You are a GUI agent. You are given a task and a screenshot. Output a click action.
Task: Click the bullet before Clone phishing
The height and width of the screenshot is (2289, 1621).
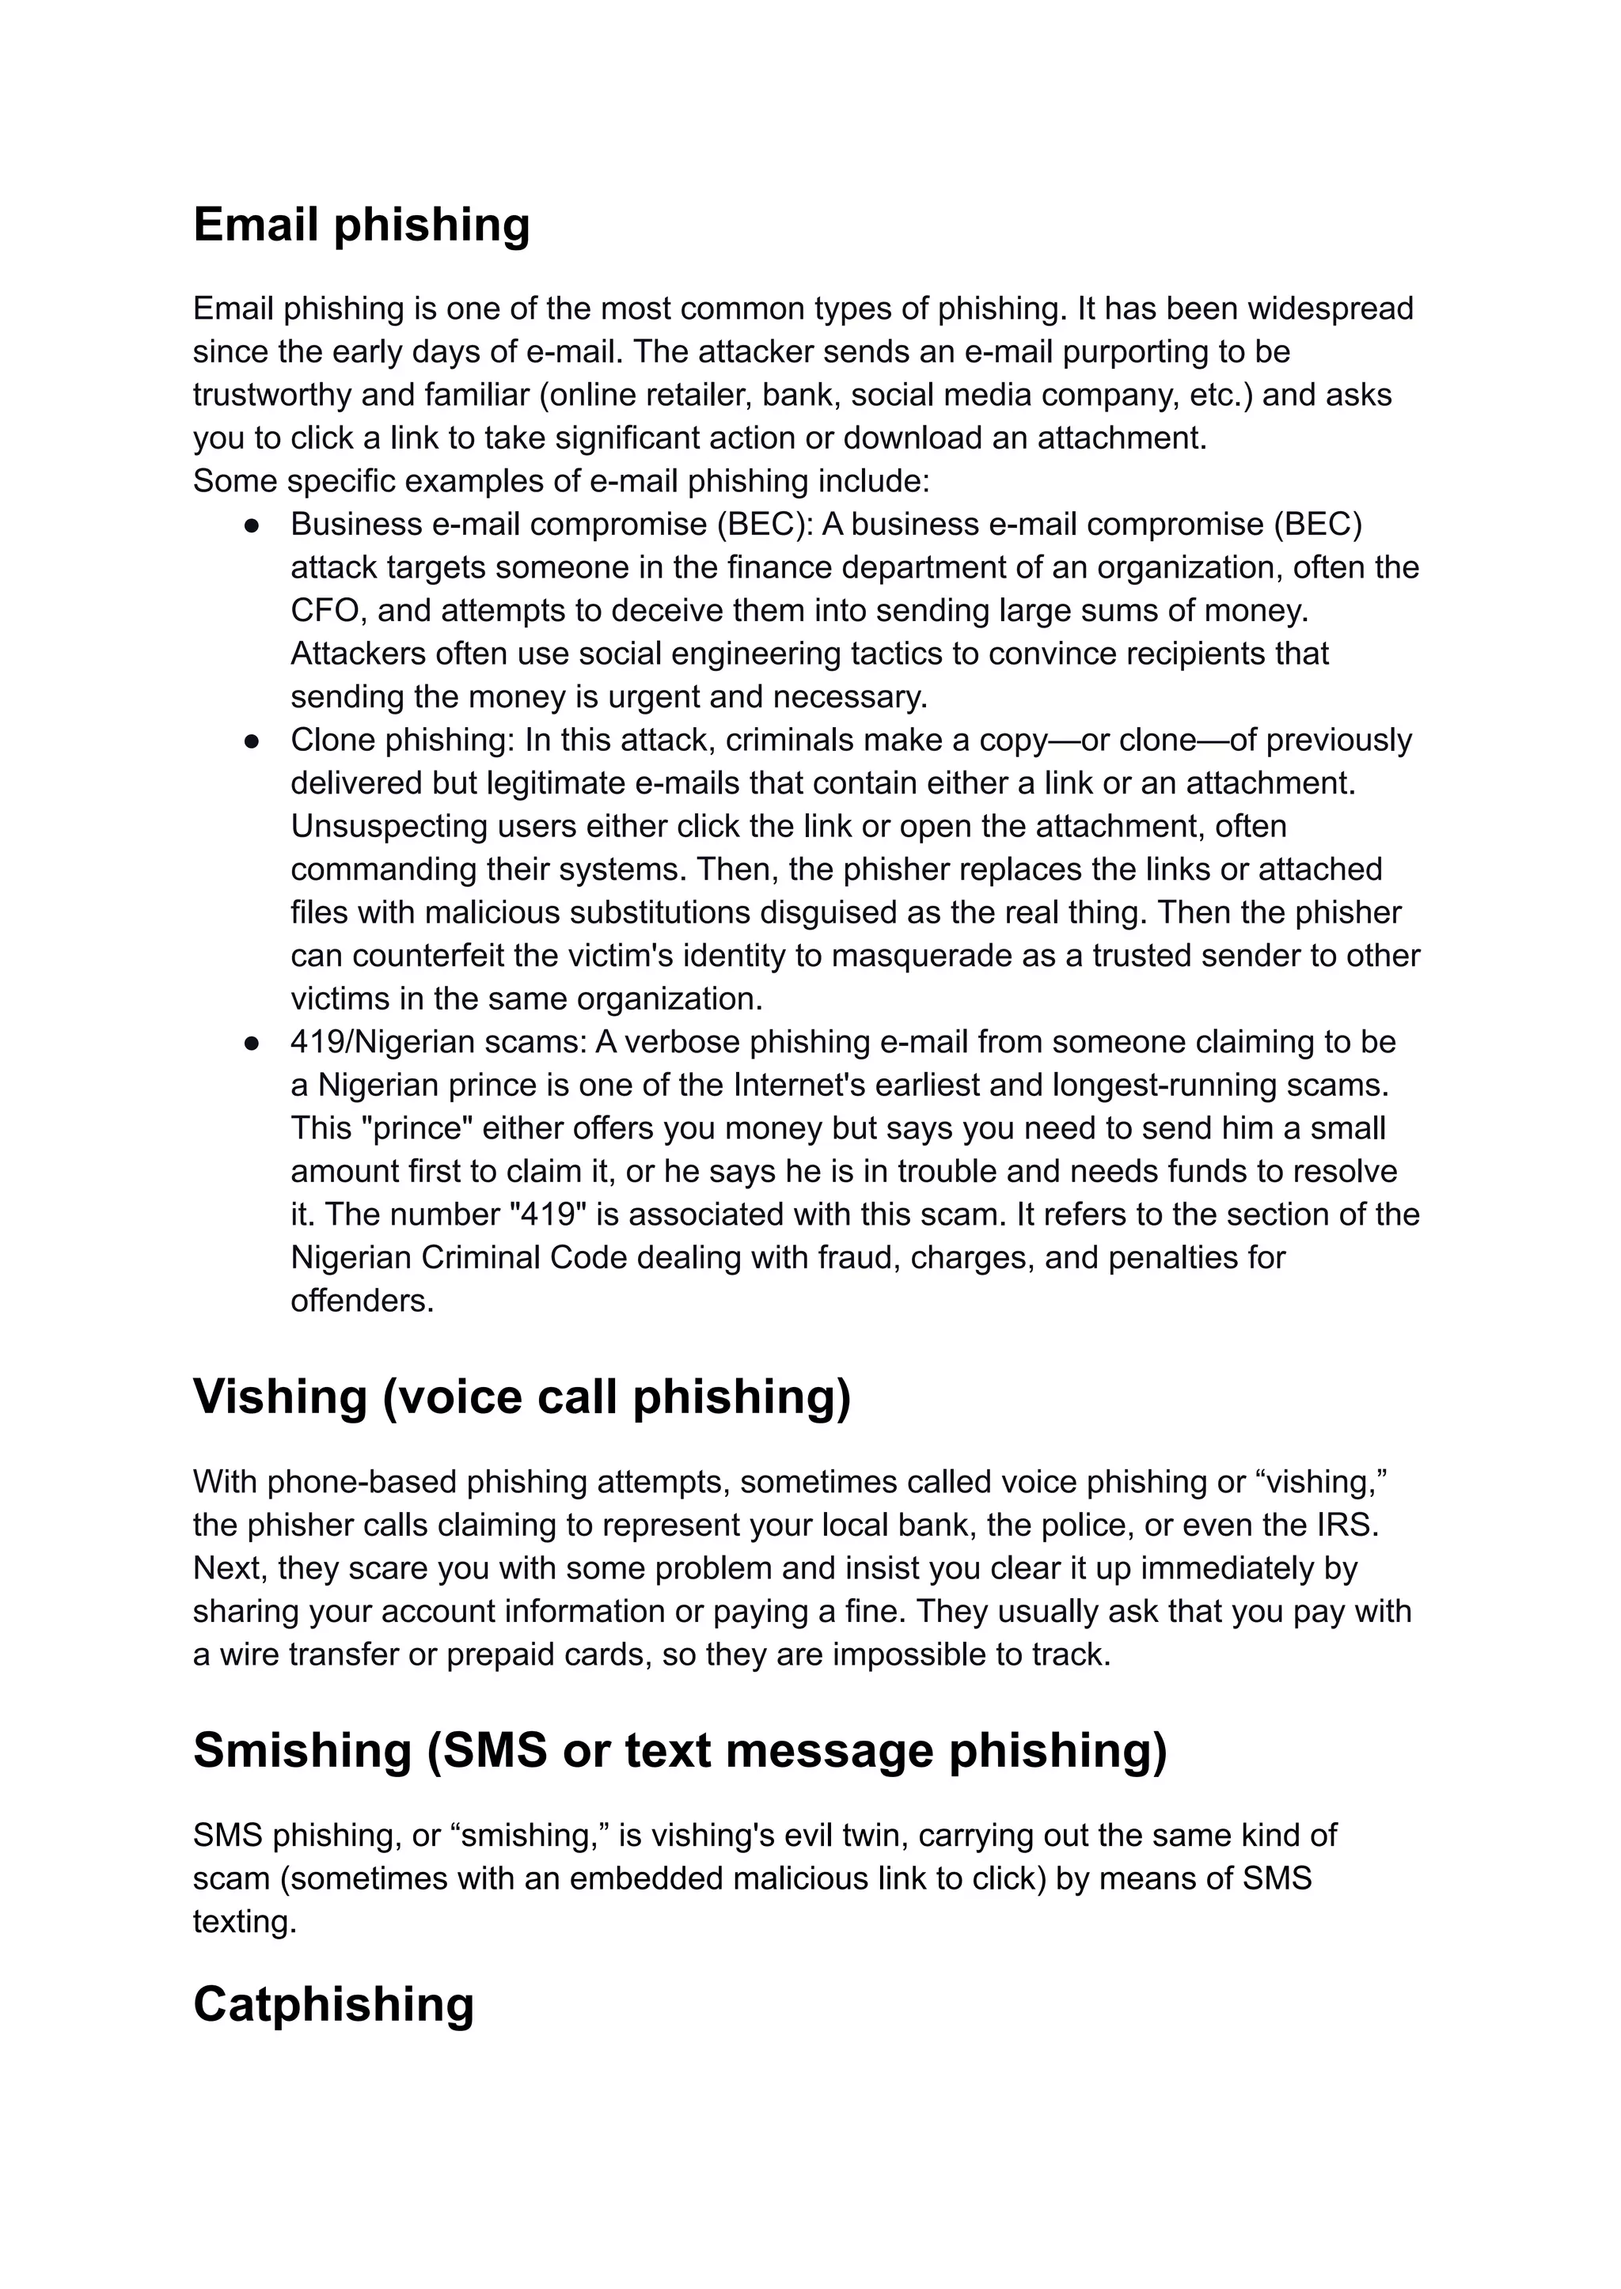pyautogui.click(x=252, y=741)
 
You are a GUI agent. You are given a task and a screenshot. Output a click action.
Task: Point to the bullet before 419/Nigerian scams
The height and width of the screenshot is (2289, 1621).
pyautogui.click(x=252, y=1043)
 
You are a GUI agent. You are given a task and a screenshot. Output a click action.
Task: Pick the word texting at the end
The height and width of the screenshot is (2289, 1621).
pyautogui.click(x=245, y=1922)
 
